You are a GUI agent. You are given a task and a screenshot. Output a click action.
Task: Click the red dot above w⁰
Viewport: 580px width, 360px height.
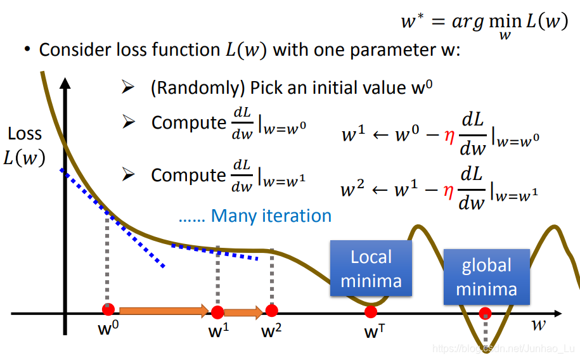tap(108, 310)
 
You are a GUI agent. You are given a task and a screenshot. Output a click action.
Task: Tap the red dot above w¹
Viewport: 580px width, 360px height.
tap(217, 312)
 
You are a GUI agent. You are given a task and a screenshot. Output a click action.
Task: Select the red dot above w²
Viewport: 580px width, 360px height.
tap(272, 310)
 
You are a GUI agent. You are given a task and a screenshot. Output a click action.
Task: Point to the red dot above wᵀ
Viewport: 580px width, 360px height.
tap(371, 311)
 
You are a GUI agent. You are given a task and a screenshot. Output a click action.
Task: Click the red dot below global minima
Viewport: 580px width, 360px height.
tap(485, 312)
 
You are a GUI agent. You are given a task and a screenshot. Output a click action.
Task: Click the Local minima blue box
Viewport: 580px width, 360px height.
tap(371, 269)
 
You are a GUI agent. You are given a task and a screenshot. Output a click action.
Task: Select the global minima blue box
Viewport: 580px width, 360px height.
tap(486, 277)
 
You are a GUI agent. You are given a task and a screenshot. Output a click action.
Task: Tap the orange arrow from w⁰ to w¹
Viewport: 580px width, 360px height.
tap(164, 311)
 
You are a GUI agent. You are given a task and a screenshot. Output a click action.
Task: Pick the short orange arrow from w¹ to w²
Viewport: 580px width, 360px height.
tap(244, 311)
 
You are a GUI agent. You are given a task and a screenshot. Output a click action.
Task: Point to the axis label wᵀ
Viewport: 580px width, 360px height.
tap(371, 331)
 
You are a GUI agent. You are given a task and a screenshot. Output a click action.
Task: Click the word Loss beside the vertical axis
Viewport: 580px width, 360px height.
tap(25, 134)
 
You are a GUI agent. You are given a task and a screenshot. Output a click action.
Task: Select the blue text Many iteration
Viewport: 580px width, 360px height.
tap(271, 215)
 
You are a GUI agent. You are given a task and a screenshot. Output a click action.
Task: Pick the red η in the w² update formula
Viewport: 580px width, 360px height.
tap(449, 190)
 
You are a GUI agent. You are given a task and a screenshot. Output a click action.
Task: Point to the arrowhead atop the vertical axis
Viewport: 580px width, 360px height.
tap(64, 85)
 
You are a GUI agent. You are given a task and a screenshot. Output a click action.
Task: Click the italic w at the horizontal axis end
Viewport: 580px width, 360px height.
tap(539, 326)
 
